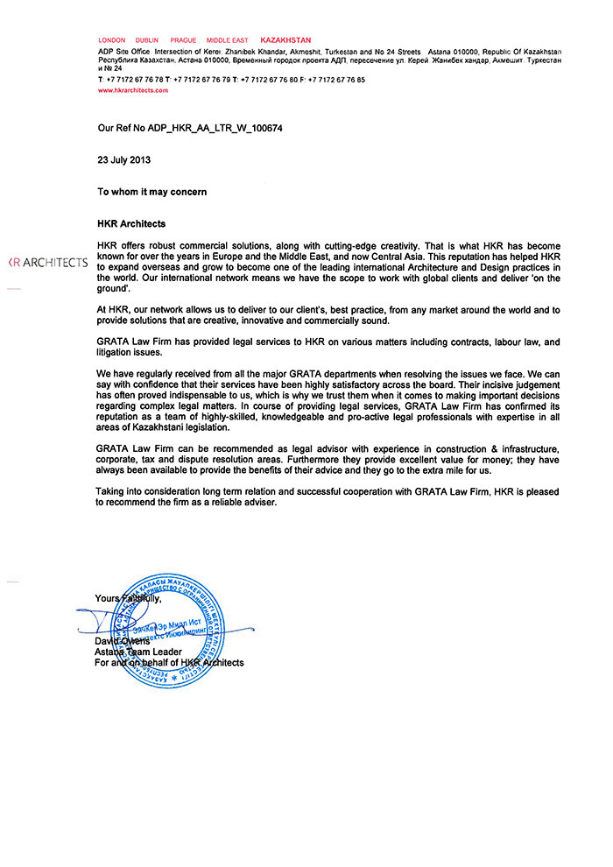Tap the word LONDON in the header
(x=112, y=40)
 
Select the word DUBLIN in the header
(x=147, y=40)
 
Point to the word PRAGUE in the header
(x=183, y=40)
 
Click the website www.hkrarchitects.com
(x=132, y=90)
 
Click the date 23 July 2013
(x=124, y=159)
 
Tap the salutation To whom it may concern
(x=151, y=191)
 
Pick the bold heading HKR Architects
(x=131, y=223)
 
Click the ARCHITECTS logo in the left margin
(x=47, y=263)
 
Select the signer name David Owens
(x=123, y=641)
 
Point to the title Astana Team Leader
(x=138, y=652)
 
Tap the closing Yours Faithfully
(x=128, y=599)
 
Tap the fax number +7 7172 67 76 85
(x=336, y=80)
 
